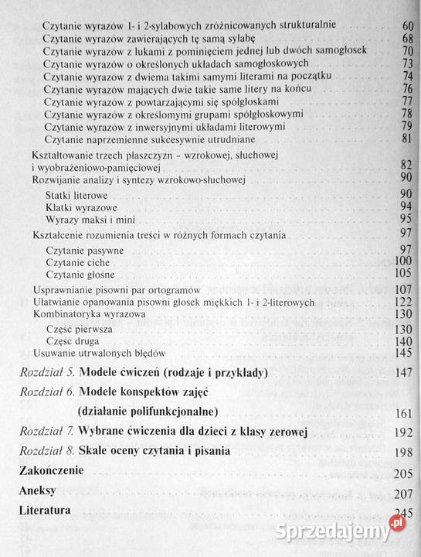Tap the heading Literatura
click(46, 511)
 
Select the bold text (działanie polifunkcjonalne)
click(148, 411)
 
